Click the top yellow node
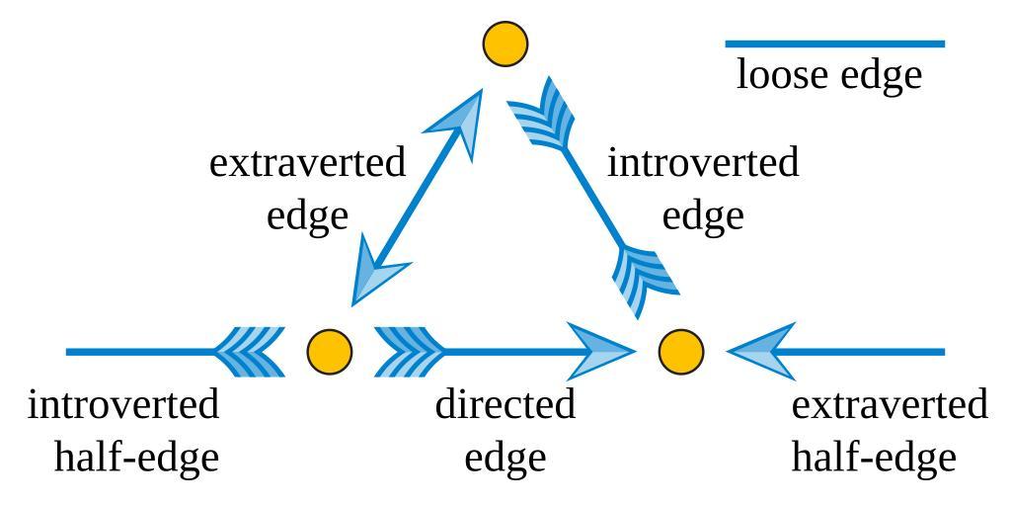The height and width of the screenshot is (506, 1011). click(x=505, y=44)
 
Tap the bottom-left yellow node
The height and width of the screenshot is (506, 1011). click(x=330, y=352)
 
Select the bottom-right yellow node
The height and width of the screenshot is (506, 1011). click(x=681, y=352)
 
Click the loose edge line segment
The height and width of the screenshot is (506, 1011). click(x=835, y=44)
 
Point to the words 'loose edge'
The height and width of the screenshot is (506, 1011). click(x=829, y=76)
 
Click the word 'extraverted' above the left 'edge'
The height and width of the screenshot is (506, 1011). click(x=307, y=163)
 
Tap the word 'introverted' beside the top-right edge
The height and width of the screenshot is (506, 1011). click(x=702, y=163)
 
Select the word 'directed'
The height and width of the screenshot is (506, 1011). click(x=505, y=405)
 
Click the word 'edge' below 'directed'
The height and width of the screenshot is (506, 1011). click(x=505, y=458)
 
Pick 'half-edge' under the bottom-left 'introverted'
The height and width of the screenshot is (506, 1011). click(x=135, y=458)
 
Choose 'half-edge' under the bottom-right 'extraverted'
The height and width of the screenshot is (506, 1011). click(x=874, y=458)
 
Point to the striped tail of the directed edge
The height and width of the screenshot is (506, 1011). click(x=409, y=352)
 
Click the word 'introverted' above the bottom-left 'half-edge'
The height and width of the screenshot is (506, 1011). click(x=123, y=405)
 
